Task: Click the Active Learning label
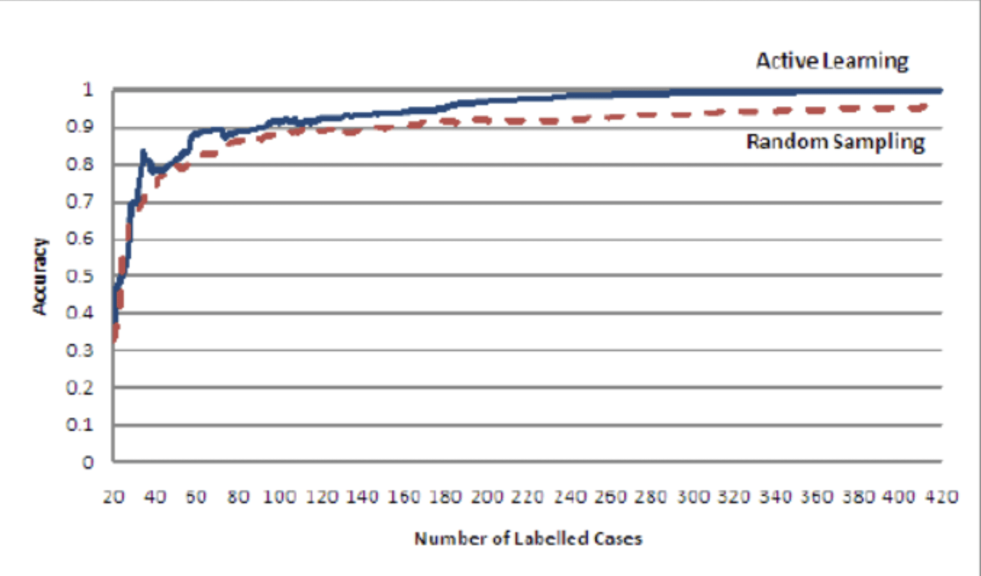click(832, 61)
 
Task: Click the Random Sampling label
click(835, 142)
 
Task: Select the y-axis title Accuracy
click(40, 276)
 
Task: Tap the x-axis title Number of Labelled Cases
click(528, 538)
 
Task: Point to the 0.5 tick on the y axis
click(80, 276)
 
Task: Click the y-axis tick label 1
click(88, 90)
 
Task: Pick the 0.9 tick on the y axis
click(80, 127)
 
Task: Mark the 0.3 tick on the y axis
click(80, 350)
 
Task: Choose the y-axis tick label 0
click(88, 463)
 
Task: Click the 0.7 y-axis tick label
click(80, 202)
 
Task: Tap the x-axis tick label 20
click(114, 497)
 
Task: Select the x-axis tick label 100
click(280, 497)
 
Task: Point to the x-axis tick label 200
click(487, 497)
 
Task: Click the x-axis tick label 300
click(694, 497)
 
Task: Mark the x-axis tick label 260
click(611, 497)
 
